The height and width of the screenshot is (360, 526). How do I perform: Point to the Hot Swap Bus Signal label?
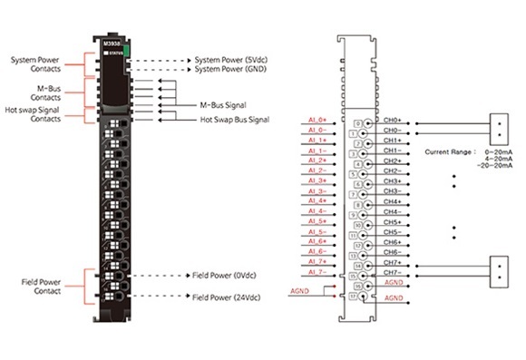(235, 119)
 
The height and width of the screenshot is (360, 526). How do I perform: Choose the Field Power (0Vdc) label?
(225, 274)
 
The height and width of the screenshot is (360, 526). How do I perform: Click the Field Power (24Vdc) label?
(227, 297)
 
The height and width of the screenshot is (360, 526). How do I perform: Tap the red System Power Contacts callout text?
(35, 65)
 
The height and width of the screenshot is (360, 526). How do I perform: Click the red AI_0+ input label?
(317, 121)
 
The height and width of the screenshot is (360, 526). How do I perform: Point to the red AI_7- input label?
(317, 272)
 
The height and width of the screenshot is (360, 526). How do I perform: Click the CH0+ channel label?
(393, 121)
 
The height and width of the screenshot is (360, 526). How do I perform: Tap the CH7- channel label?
(393, 272)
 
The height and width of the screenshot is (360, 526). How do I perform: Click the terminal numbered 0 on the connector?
(359, 123)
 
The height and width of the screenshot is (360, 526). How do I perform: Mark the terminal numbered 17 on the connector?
(359, 295)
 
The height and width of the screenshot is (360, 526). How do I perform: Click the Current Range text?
(449, 151)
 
